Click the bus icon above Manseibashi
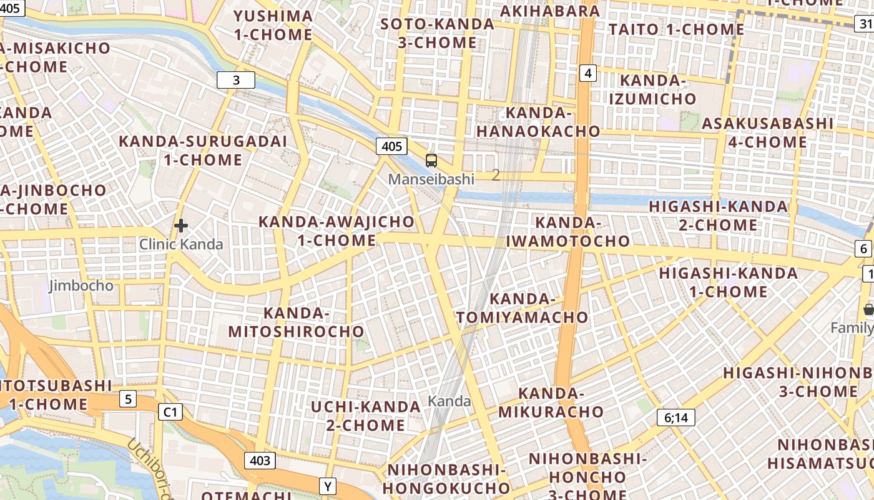(x=431, y=161)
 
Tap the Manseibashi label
(x=431, y=179)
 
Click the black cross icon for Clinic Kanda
(x=181, y=226)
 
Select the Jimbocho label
(x=81, y=286)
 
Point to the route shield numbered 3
(x=236, y=80)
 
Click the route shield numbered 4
(x=587, y=73)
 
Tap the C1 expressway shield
(x=170, y=412)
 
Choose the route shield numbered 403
(x=260, y=461)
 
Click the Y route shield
(x=328, y=486)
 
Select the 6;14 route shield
(x=675, y=417)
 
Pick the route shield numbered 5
(x=128, y=399)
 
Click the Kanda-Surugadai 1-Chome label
(x=203, y=151)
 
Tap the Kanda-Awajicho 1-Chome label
(x=336, y=231)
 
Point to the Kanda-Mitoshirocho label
(x=296, y=322)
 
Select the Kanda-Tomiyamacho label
(x=523, y=308)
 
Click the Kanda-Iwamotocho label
(x=568, y=232)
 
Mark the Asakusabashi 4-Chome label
(x=767, y=132)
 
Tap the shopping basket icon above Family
(x=868, y=309)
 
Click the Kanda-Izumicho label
(x=652, y=89)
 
